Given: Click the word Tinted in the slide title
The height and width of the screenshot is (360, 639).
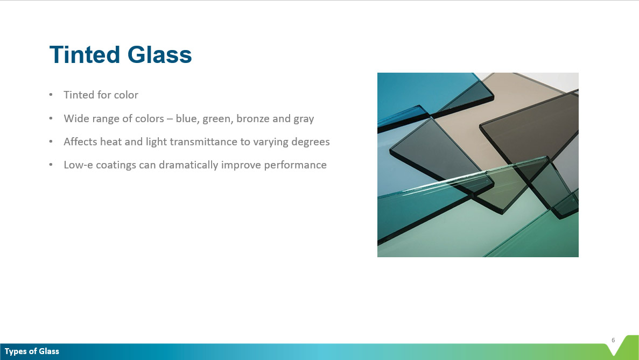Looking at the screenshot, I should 85,55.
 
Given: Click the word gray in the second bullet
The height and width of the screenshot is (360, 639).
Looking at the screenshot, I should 304,119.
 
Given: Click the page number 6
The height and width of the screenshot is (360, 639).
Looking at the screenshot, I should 613,340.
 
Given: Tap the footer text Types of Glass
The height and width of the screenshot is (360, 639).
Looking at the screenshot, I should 32,351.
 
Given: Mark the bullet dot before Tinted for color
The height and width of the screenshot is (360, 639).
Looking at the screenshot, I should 51,95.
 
